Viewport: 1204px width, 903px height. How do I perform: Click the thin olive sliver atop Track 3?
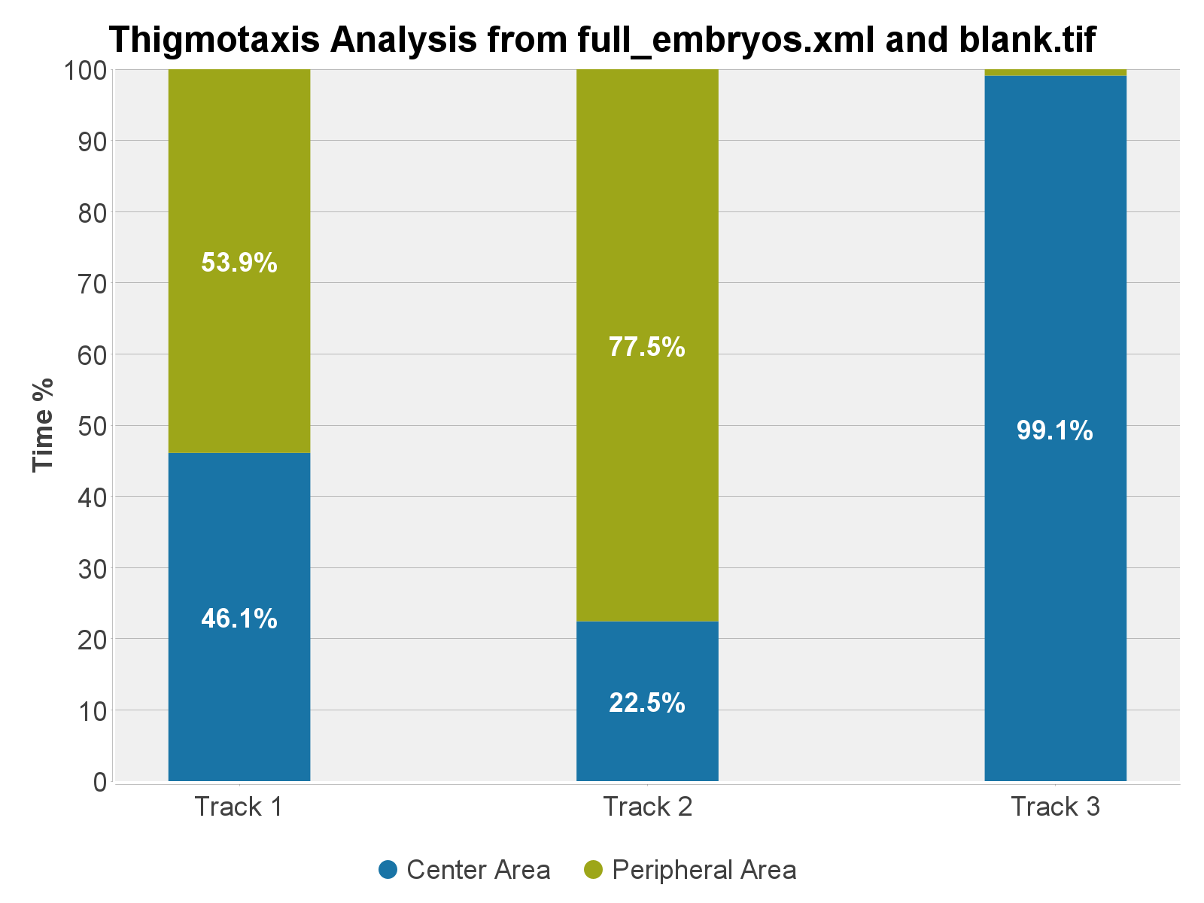[x=1055, y=72]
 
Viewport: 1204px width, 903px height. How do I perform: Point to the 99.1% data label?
[x=1054, y=430]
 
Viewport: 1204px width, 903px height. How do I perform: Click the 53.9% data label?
[x=239, y=263]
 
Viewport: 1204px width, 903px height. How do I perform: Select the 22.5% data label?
[x=647, y=703]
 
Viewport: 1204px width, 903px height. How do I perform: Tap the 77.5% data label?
[x=647, y=347]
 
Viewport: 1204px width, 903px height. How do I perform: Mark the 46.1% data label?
[x=239, y=619]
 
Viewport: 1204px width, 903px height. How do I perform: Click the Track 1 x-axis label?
[x=239, y=807]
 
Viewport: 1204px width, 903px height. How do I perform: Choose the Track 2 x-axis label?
[x=647, y=807]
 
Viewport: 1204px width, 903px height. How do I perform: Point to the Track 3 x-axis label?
[x=1055, y=807]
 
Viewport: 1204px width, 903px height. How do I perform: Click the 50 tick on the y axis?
[x=92, y=426]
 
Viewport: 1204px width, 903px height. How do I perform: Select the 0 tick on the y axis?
[x=100, y=782]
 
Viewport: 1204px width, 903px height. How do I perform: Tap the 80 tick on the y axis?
[x=92, y=213]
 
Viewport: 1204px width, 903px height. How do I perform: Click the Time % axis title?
[x=44, y=425]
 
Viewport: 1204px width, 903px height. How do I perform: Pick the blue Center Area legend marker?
[x=388, y=870]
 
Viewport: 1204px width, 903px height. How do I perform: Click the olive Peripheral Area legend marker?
[x=593, y=870]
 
